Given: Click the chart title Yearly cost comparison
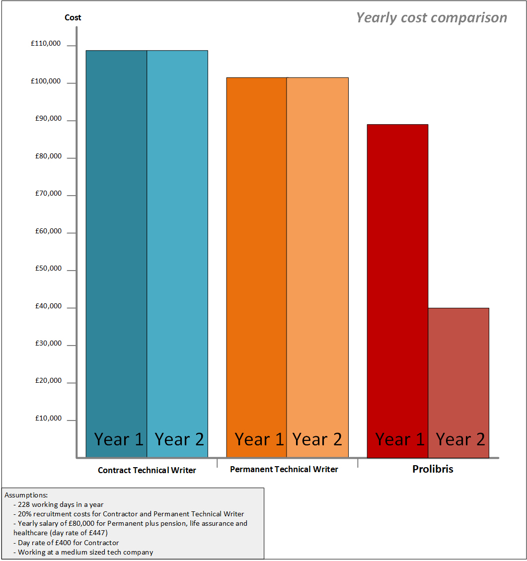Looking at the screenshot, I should tap(432, 18).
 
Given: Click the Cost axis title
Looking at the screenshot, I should tap(73, 18).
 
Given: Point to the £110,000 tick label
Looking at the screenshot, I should tap(46, 44).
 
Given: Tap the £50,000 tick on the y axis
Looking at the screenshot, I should tap(48, 269).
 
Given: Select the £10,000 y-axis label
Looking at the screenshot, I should tap(48, 419).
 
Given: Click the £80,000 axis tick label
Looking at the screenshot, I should tap(48, 156).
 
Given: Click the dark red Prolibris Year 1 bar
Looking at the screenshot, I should tap(397, 273).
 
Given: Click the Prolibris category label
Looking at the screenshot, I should tap(433, 469).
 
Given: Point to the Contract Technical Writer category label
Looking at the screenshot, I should tap(147, 470).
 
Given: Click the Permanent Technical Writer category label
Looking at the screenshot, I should tap(284, 469).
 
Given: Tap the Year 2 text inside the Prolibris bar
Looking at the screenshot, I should tap(460, 439).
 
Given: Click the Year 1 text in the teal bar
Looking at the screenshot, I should tap(119, 439).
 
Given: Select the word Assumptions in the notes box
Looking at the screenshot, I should tap(26, 495).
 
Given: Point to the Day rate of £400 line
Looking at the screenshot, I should tap(68, 543).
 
